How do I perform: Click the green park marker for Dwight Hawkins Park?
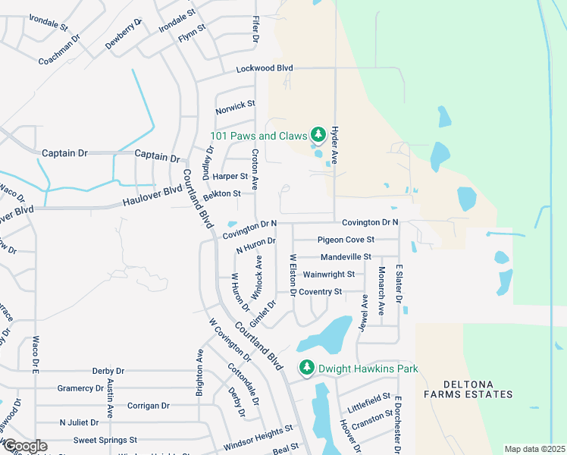point(307,369)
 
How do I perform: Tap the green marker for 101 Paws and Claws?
point(318,136)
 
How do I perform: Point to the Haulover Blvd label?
point(152,199)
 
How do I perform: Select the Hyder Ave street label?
point(334,146)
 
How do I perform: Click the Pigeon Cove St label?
point(346,240)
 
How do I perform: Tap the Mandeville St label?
point(346,257)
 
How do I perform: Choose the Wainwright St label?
point(328,274)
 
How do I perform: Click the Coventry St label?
point(321,291)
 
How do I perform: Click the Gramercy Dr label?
point(80,388)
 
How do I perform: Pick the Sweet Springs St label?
point(105,439)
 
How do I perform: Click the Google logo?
point(24,446)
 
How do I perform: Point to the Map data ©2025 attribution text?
point(534,449)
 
